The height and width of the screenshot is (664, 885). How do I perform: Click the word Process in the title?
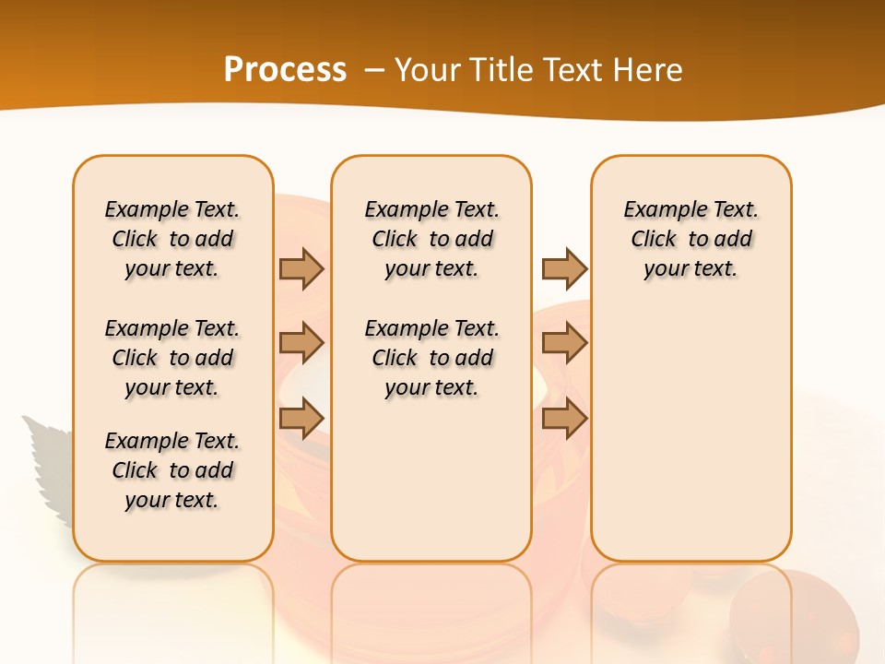tap(285, 69)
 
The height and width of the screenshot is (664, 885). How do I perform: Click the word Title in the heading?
tap(504, 69)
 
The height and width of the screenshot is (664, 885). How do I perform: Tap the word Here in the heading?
tap(650, 69)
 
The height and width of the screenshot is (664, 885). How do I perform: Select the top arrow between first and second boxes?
tap(301, 268)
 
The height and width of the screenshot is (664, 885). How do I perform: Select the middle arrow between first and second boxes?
tap(301, 343)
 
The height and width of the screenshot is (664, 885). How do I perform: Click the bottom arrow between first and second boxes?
tap(301, 419)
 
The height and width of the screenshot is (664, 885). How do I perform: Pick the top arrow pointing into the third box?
tap(564, 268)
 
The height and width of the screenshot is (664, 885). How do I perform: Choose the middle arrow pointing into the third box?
tap(564, 343)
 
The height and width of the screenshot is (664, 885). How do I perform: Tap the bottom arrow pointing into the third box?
tap(564, 419)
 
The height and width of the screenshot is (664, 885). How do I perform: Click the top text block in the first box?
tap(172, 239)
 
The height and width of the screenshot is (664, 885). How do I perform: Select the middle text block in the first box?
tap(172, 358)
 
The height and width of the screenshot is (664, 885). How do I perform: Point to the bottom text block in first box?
tap(172, 470)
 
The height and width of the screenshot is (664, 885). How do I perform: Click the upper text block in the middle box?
tap(432, 239)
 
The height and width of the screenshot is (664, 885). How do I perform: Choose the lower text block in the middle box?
tap(432, 358)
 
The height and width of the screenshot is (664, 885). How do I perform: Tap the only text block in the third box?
tap(691, 239)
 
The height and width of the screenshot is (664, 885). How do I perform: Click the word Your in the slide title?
tap(429, 69)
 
